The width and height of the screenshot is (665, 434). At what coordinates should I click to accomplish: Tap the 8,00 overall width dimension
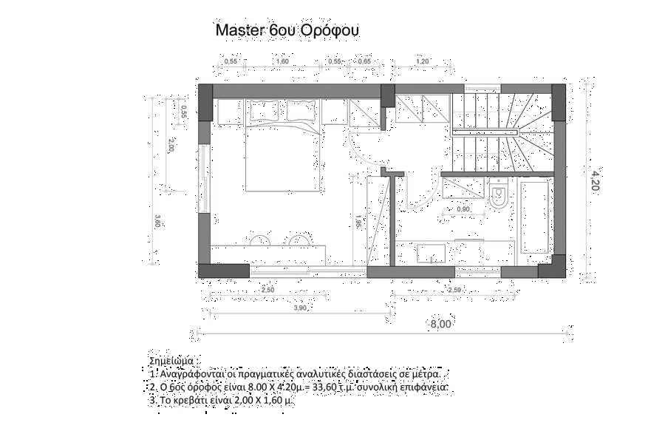[441, 324]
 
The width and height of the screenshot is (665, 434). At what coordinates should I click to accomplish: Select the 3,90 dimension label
[299, 308]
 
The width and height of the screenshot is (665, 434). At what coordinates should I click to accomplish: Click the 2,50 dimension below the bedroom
[267, 291]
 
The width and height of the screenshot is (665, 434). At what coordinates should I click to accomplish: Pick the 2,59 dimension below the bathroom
[454, 291]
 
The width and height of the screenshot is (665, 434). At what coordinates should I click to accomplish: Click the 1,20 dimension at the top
[423, 61]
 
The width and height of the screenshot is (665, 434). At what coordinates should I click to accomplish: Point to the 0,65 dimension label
[364, 62]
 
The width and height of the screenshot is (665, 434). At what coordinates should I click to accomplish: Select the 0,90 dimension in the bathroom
[463, 209]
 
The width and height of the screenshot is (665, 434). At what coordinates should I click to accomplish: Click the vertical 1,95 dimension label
[358, 222]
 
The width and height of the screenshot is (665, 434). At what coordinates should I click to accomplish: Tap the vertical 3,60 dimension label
[158, 220]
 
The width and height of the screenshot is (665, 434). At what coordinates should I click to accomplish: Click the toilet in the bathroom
[499, 195]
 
